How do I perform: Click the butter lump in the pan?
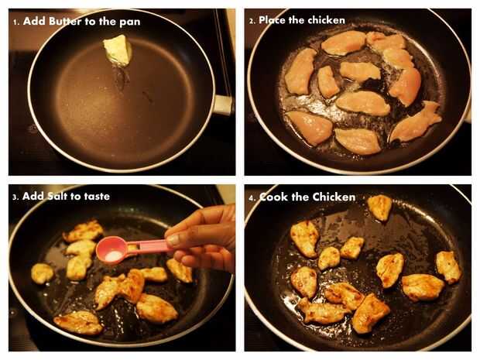click(118, 50)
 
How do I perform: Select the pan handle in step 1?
click(222, 105)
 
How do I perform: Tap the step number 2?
click(252, 22)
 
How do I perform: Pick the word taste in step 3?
click(97, 197)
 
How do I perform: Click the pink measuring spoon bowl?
click(111, 249)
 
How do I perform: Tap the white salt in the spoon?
click(112, 256)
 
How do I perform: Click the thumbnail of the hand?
click(173, 239)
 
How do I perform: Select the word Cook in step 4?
click(273, 197)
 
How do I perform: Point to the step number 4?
click(252, 198)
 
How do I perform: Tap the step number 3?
click(15, 197)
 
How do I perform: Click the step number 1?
click(16, 22)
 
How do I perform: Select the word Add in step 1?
click(34, 22)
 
